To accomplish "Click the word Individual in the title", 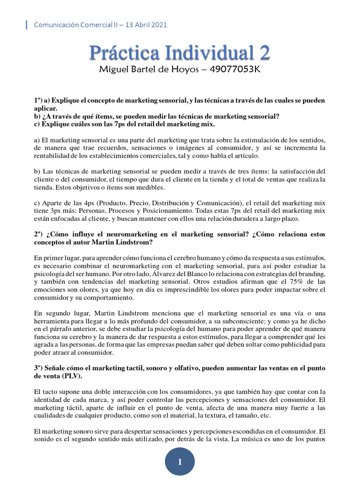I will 204,53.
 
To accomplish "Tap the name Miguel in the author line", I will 112,70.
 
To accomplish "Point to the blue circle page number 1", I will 180,462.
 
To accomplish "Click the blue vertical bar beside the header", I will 26,25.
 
